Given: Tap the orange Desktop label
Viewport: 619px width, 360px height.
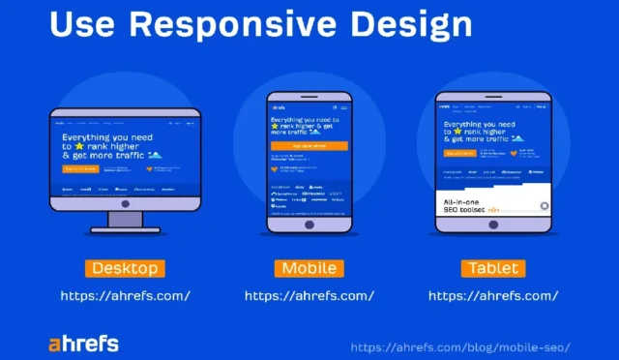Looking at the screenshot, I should pyautogui.click(x=124, y=268).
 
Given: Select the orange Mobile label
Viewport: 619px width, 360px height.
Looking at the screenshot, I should pyautogui.click(x=309, y=268).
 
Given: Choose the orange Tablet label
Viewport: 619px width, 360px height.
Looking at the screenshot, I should pyautogui.click(x=492, y=268).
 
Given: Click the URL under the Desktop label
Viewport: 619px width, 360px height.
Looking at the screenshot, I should pyautogui.click(x=125, y=295).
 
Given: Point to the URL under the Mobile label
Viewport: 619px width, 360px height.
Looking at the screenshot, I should pyautogui.click(x=309, y=295).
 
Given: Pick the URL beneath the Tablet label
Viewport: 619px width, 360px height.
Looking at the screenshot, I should pyautogui.click(x=492, y=295).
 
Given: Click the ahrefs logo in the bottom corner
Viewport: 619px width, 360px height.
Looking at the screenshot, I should pyautogui.click(x=83, y=343).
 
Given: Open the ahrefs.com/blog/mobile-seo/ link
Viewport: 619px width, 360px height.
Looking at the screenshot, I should pyautogui.click(x=459, y=346).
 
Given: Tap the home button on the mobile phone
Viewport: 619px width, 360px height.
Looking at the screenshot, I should pyautogui.click(x=308, y=224).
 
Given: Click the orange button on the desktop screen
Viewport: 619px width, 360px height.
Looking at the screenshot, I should pyautogui.click(x=80, y=167).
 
